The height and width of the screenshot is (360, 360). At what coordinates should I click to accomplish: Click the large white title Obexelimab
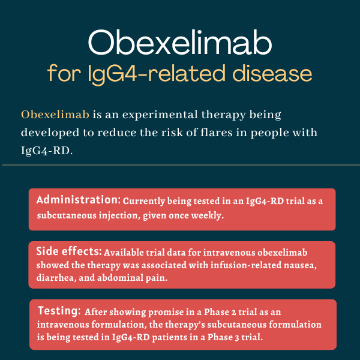180,43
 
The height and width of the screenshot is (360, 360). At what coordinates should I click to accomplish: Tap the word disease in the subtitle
272,73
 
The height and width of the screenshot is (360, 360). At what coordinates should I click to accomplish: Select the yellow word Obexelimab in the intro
55,115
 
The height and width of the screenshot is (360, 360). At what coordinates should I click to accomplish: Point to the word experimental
160,115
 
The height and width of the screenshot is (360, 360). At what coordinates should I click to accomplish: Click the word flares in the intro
217,132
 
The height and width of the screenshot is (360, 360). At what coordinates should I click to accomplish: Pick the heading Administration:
78,200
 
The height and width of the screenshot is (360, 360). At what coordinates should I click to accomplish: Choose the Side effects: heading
69,251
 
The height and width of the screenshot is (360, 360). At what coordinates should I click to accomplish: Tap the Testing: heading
59,311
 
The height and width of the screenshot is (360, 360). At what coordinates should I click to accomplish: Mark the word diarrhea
56,278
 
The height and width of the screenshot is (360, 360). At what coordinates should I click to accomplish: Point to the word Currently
144,201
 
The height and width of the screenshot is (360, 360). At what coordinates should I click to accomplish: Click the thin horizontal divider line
181,165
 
